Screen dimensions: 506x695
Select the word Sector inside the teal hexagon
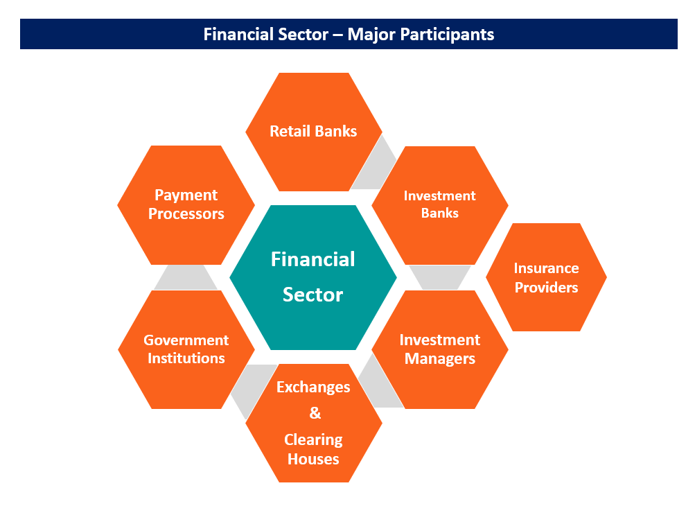point(313,295)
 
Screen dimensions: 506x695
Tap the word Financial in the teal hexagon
point(313,259)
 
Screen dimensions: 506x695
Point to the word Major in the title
point(369,34)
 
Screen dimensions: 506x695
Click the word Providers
point(546,287)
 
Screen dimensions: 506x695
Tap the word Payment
point(186,195)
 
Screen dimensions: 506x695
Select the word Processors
point(186,213)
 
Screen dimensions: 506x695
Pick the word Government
point(186,340)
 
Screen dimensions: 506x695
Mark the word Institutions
point(186,358)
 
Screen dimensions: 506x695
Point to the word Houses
point(313,459)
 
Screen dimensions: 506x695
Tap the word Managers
point(439,358)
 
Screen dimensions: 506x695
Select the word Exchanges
point(313,387)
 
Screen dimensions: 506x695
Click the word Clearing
point(313,440)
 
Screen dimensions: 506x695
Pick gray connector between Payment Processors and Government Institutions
point(186,277)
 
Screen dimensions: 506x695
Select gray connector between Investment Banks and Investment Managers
point(439,277)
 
